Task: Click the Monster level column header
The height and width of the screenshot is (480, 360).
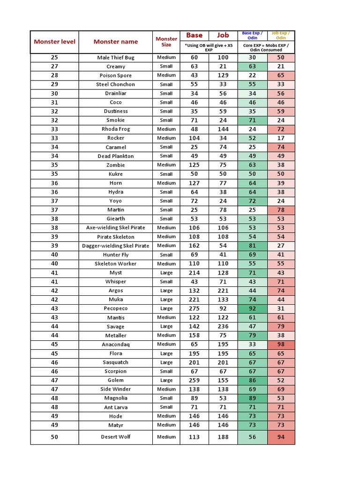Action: click(x=54, y=42)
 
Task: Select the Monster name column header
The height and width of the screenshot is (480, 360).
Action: click(x=116, y=42)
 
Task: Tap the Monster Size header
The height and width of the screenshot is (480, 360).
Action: click(x=166, y=42)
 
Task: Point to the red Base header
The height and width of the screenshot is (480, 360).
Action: click(x=195, y=35)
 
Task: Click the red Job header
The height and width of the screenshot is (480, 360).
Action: click(x=223, y=35)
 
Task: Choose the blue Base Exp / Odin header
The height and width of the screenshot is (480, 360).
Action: click(x=252, y=35)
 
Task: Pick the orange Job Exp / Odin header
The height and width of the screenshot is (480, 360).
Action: click(x=281, y=35)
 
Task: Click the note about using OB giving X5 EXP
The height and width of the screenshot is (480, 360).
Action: click(x=209, y=47)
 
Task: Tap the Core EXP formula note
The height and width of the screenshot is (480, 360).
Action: click(x=266, y=47)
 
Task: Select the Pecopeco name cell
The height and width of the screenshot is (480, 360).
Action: click(x=116, y=308)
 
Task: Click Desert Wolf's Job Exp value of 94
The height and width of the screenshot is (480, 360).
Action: click(x=281, y=437)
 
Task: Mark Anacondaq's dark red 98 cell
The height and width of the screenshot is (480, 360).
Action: click(x=281, y=345)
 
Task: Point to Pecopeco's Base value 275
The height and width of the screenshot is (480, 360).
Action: click(x=195, y=308)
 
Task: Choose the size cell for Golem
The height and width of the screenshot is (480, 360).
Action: click(x=166, y=380)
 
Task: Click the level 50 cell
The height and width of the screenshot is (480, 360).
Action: click(x=54, y=437)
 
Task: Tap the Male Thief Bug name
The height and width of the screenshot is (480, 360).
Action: click(x=116, y=58)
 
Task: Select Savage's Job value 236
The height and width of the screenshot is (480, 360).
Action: click(x=223, y=327)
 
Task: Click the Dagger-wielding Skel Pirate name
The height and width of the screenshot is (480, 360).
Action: click(x=116, y=246)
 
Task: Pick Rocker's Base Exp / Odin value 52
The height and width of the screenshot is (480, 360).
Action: click(x=252, y=138)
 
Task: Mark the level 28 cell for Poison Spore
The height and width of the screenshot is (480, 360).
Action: click(x=54, y=75)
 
